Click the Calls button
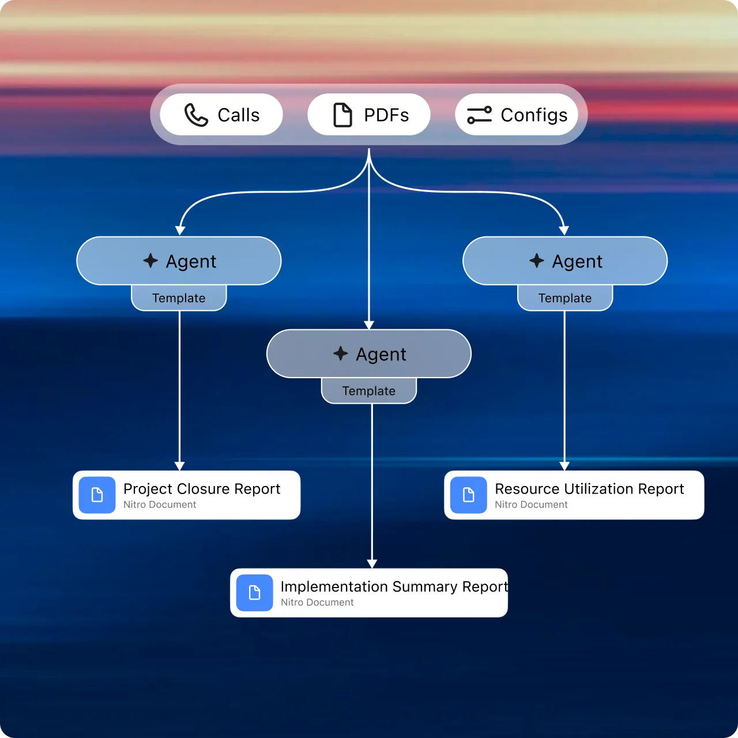[221, 115]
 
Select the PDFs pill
[369, 115]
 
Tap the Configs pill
[517, 115]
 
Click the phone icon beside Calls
[196, 115]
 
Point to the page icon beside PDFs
[343, 115]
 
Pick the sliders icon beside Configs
[479, 115]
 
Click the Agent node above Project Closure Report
[179, 261]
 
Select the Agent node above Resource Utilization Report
[565, 261]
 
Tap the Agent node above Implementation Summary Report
[369, 354]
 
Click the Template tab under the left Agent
[179, 298]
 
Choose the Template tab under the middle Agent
[369, 391]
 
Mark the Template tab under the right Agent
[565, 298]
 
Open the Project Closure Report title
[202, 489]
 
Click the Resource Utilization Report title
[589, 489]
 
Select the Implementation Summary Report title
[394, 586]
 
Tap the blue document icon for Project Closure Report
[97, 495]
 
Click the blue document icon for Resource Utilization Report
[468, 495]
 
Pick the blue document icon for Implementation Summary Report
[254, 593]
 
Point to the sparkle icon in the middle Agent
[341, 353]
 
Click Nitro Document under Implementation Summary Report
[317, 603]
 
